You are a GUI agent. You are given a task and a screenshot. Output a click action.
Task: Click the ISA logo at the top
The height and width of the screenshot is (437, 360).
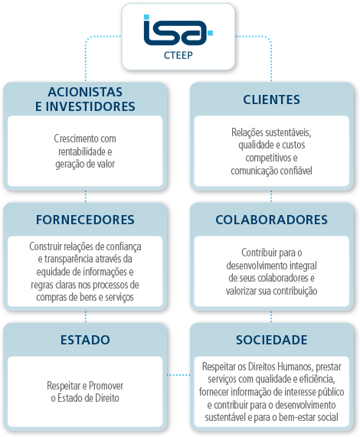178,30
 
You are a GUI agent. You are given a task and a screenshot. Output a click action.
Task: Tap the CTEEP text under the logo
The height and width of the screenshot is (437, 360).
178,55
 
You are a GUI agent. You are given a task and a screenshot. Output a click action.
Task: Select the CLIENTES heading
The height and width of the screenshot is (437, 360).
271,99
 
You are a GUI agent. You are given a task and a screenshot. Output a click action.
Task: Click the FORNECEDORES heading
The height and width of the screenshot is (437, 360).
85,220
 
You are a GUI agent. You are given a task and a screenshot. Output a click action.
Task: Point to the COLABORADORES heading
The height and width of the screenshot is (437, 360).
271,220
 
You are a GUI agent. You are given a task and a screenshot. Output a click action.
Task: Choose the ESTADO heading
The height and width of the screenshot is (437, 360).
85,340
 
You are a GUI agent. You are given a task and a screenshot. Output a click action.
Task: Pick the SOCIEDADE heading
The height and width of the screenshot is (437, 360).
271,340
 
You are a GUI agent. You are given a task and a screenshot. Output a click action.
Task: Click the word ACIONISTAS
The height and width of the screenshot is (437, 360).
85,92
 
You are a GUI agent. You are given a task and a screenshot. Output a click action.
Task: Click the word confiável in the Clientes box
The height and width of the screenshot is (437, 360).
296,171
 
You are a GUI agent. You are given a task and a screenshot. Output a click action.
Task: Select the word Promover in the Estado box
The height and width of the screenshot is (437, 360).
106,386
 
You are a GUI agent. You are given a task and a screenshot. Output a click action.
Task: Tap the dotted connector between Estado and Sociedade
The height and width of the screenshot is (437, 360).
178,375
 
